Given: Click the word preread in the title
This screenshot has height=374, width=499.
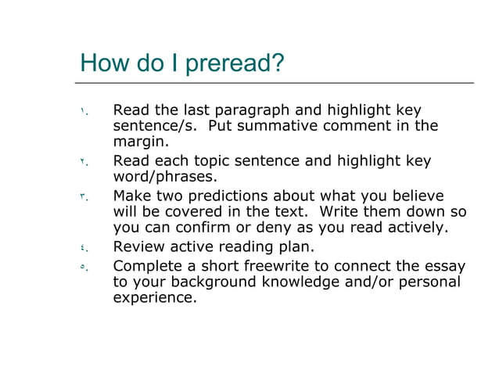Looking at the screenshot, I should coord(232,63).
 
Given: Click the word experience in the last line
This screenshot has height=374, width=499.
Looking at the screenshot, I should coord(155,298).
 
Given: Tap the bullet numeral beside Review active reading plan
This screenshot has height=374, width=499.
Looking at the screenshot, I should coord(82,248).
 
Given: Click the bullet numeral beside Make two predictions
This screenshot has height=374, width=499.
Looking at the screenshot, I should coord(82,196).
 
